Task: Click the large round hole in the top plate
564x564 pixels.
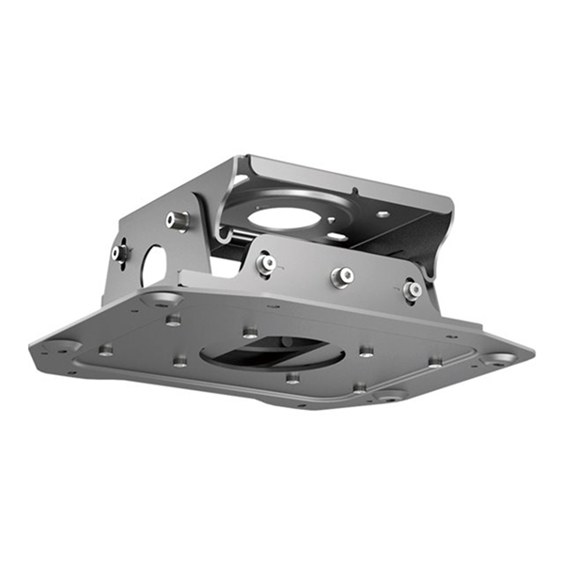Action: coord(287,218)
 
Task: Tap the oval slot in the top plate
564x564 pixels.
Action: coord(336,236)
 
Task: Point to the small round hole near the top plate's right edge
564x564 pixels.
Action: coord(383,214)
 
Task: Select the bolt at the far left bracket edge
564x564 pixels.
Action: coord(119,252)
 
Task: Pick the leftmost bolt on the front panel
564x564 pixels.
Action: coord(266,263)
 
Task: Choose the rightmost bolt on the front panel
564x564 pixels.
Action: coord(412,290)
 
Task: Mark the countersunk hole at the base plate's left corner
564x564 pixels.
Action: coord(58,347)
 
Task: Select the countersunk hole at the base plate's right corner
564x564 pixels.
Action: coord(496,358)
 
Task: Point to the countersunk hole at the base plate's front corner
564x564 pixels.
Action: coord(386,396)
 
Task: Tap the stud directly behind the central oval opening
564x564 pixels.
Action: coord(249,332)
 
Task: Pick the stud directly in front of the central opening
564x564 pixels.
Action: coord(292,377)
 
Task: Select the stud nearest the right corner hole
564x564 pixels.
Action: coord(435,360)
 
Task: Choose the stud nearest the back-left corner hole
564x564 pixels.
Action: coord(173,320)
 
